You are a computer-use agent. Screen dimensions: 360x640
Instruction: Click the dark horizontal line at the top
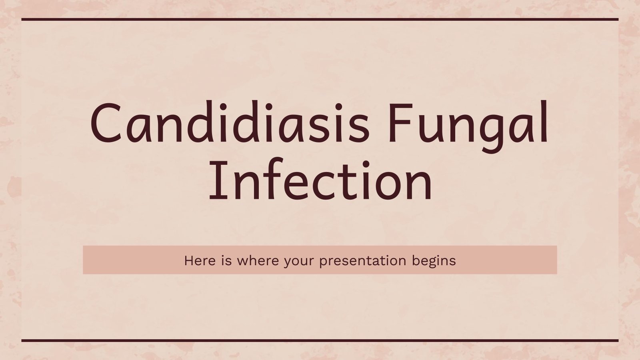click(x=320, y=19)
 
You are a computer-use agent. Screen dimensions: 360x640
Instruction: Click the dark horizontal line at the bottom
click(x=320, y=341)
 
